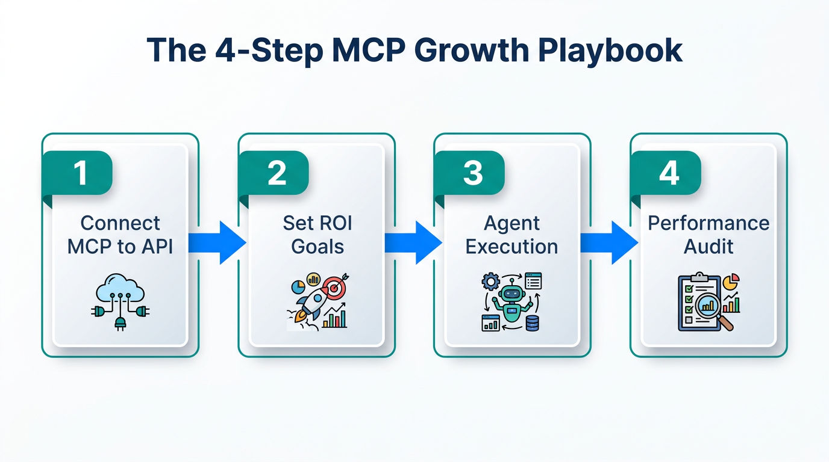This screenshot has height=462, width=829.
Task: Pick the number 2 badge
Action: (x=277, y=173)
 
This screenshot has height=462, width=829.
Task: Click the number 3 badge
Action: (x=473, y=173)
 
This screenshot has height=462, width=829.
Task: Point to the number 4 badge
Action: (x=669, y=173)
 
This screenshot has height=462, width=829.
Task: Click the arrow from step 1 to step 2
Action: (x=217, y=243)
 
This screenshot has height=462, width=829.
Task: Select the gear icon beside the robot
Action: (x=492, y=282)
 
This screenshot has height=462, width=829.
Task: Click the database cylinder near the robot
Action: (x=532, y=323)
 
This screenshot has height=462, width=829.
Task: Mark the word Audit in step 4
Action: (x=709, y=246)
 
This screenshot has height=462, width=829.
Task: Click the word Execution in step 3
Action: (x=512, y=246)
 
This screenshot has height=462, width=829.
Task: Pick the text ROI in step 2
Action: (x=331, y=223)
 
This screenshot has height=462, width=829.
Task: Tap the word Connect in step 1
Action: (x=120, y=223)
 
